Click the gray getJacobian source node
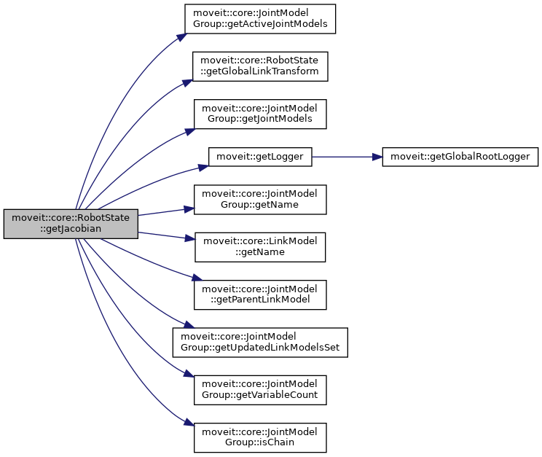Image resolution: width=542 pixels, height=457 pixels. pyautogui.click(x=71, y=224)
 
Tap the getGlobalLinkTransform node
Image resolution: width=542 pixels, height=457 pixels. pyautogui.click(x=260, y=66)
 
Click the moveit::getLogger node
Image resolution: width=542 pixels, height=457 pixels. pyautogui.click(x=260, y=156)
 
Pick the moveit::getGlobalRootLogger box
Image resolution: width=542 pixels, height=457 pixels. pyautogui.click(x=460, y=156)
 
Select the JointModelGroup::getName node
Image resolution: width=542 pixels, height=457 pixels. pyautogui.click(x=260, y=200)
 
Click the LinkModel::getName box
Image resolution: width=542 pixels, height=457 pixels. pyautogui.click(x=260, y=246)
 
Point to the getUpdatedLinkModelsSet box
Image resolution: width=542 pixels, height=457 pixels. pyautogui.click(x=260, y=342)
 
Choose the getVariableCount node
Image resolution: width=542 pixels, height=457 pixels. pyautogui.click(x=260, y=390)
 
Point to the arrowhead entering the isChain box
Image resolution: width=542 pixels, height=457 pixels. pyautogui.click(x=187, y=423)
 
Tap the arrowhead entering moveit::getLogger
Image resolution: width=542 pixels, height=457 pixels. pyautogui.click(x=203, y=167)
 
